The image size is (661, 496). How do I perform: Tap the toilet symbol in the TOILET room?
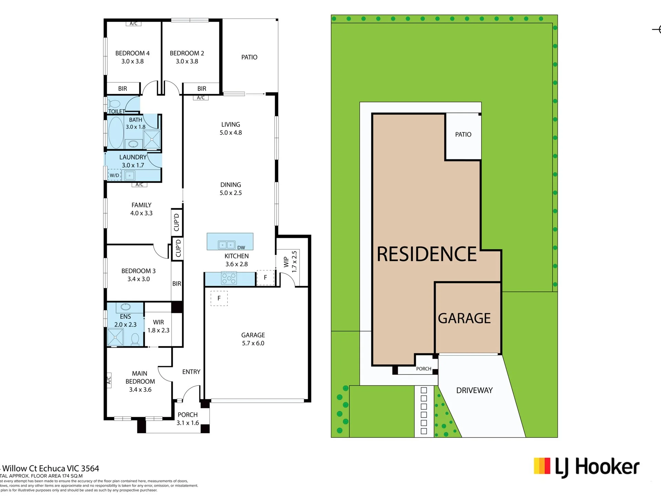pos(114,103)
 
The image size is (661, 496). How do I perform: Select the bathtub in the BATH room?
pos(116,132)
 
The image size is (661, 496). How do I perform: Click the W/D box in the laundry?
pos(114,175)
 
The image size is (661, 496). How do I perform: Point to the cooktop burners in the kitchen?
pos(229,278)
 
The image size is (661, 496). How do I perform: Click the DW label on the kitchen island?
pos(241,248)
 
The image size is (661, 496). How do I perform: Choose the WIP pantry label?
pos(286,262)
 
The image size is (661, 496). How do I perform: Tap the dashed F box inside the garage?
pos(219,298)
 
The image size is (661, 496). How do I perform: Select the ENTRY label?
pos(191,372)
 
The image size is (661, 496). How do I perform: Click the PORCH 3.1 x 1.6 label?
pos(188,419)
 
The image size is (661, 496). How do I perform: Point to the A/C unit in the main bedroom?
pos(109,380)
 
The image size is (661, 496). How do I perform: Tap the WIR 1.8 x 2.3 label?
pos(158,326)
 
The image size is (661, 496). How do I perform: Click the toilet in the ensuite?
pos(135,339)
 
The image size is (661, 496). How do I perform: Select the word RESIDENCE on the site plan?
pos(427,254)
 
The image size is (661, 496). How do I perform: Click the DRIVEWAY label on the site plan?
pos(474,390)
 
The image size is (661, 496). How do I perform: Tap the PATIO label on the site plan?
pos(463,134)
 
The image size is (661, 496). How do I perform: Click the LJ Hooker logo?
pos(587,467)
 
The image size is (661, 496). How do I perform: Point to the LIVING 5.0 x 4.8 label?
pos(231,128)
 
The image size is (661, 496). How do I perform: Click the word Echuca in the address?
pos(52,468)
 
